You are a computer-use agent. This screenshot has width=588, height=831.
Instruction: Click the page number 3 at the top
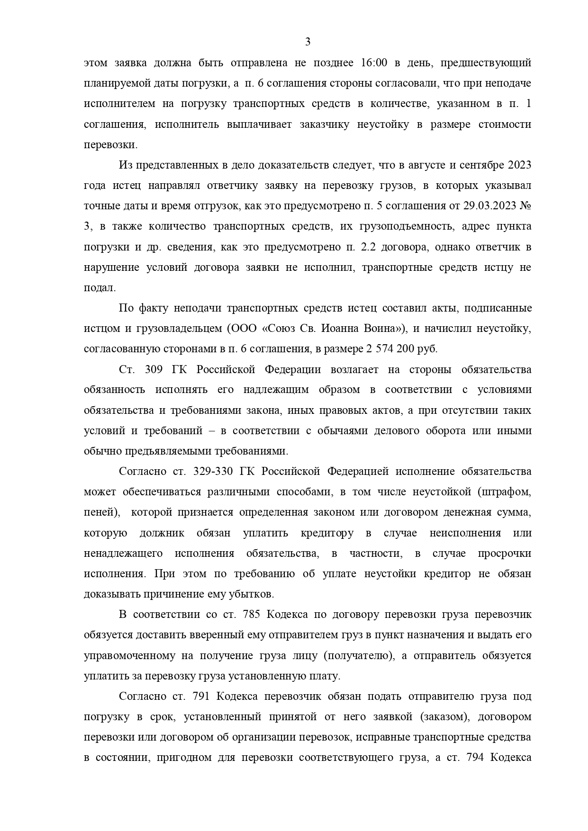point(308,42)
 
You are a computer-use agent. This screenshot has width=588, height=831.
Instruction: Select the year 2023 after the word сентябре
point(519,165)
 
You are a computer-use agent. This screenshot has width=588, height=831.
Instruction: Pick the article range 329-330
point(212,472)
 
